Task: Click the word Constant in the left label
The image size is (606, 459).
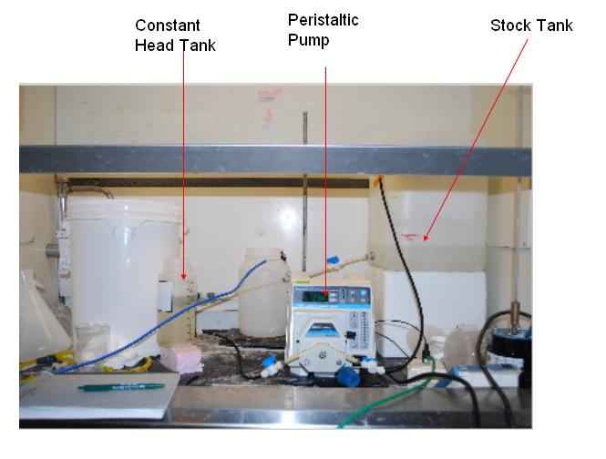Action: [168, 25]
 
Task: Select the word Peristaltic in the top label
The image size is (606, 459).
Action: [324, 20]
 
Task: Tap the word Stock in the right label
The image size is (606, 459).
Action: [508, 25]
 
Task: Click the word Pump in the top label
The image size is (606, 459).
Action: [308, 40]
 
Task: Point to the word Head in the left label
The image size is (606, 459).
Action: [153, 46]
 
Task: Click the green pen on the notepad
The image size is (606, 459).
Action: [121, 387]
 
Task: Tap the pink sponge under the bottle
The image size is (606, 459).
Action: [182, 359]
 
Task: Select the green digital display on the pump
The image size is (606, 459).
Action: [315, 296]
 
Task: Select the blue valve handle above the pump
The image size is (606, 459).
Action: [333, 260]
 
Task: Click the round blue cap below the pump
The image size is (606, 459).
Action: [349, 376]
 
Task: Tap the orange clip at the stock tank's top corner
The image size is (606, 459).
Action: [378, 178]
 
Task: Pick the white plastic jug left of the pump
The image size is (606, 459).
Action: [264, 292]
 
